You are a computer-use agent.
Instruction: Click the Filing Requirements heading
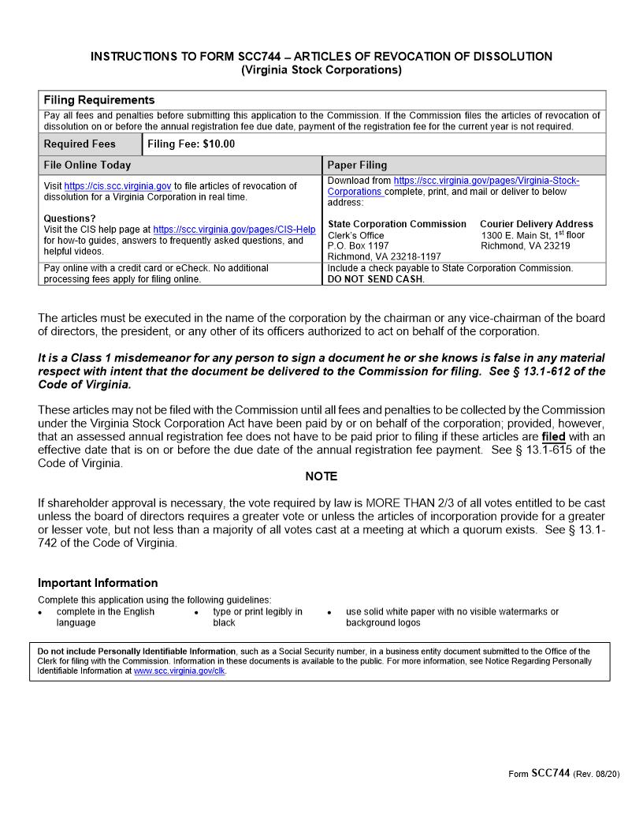99,100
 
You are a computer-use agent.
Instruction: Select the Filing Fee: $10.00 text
191,144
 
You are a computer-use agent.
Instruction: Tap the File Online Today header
87,166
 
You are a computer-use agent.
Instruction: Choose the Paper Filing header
357,166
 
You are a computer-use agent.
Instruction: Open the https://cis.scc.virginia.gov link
117,186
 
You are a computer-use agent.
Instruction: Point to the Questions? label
69,219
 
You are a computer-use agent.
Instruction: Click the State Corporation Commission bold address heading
396,224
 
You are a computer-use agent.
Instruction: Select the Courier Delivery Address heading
536,224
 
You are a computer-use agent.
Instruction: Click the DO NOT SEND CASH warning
376,279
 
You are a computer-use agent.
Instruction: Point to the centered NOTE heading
321,476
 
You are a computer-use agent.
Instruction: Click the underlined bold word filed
553,437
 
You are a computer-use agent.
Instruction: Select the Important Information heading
98,583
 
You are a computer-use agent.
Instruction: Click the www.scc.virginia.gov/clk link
180,671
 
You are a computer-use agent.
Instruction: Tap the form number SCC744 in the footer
550,773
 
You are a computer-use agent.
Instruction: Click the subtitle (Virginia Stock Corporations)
321,70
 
